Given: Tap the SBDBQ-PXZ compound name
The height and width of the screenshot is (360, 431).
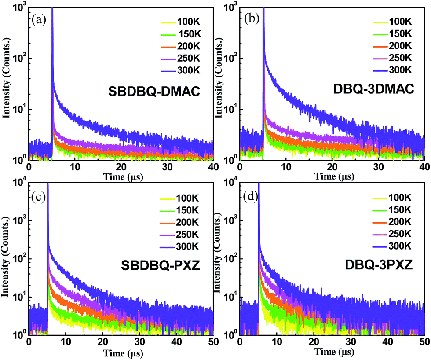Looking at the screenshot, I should [x=153, y=267].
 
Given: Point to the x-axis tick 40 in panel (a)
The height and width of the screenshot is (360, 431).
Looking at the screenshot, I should [x=213, y=167].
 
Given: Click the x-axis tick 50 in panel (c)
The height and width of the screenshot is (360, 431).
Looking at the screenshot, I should [x=213, y=342].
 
